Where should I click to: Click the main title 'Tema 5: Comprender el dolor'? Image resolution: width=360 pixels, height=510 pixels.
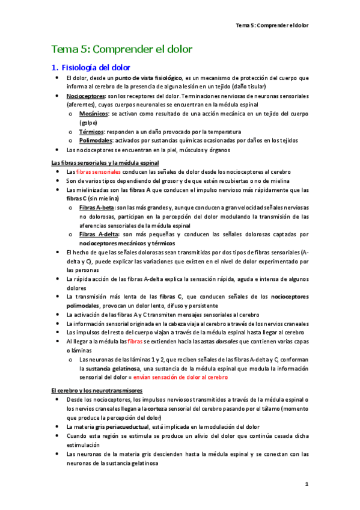pyautogui.click(x=122, y=49)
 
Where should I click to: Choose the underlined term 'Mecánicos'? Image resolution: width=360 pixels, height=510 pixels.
pyautogui.click(x=94, y=113)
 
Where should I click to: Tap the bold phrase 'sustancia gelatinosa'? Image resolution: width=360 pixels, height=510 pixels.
pyautogui.click(x=112, y=368)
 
